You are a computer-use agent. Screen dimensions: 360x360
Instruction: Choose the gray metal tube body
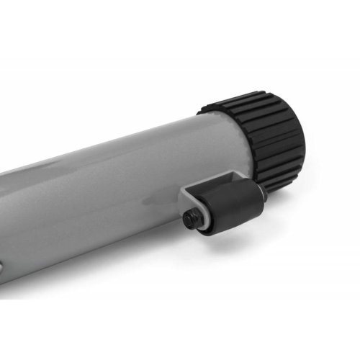(x=108, y=202)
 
